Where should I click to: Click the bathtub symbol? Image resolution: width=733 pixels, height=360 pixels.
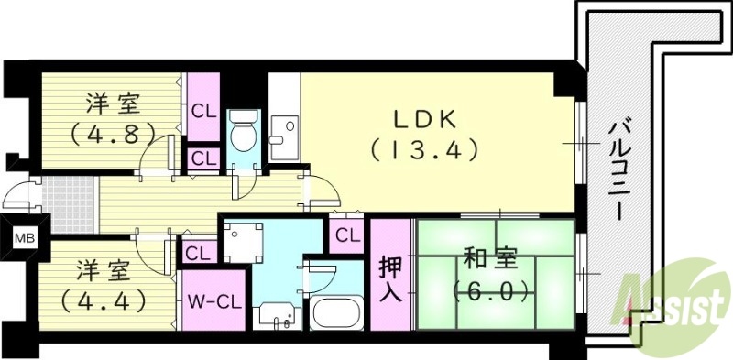338,313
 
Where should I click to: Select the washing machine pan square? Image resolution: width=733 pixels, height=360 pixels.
244,244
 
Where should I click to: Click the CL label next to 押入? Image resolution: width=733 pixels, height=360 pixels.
346,235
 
